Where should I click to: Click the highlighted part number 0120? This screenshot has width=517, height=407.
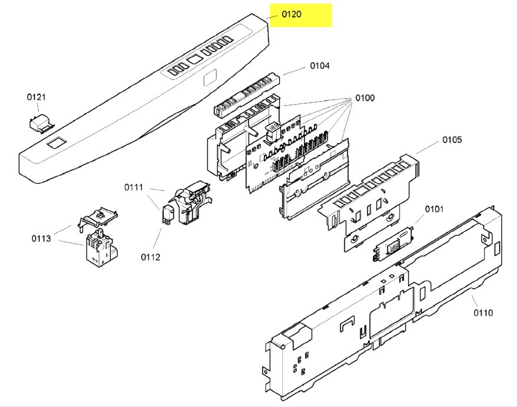click(x=291, y=14)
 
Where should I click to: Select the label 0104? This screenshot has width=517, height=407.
click(x=320, y=66)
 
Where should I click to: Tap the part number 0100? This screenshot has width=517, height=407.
click(x=364, y=97)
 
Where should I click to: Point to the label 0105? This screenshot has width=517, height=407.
click(x=452, y=140)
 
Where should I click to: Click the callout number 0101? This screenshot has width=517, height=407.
click(x=434, y=209)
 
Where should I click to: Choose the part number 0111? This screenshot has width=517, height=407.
click(x=134, y=187)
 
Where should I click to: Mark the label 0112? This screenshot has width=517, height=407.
click(x=150, y=257)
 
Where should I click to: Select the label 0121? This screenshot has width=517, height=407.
click(x=36, y=97)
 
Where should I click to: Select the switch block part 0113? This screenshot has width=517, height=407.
click(x=100, y=248)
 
